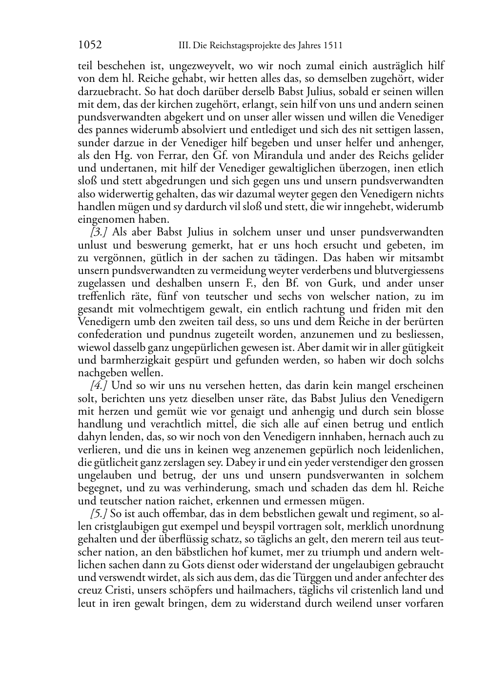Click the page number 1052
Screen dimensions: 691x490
coord(90,45)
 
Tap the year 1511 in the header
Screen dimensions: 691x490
coord(332,46)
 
